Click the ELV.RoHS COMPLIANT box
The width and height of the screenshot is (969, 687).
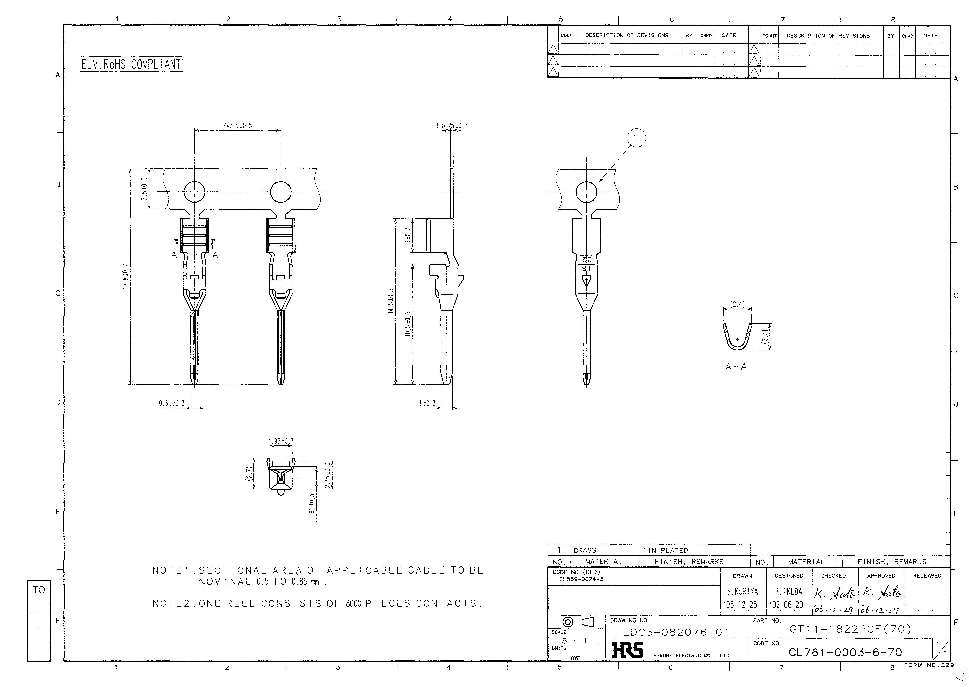[x=131, y=64]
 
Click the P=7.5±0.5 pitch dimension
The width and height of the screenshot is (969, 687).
[x=238, y=126]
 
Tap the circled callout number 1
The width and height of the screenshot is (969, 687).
[x=636, y=138]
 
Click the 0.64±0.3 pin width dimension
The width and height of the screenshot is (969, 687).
[x=172, y=403]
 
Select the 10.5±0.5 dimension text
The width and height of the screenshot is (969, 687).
[x=408, y=324]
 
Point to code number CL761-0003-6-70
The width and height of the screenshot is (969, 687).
[x=845, y=652]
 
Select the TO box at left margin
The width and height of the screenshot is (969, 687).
[x=38, y=590]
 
